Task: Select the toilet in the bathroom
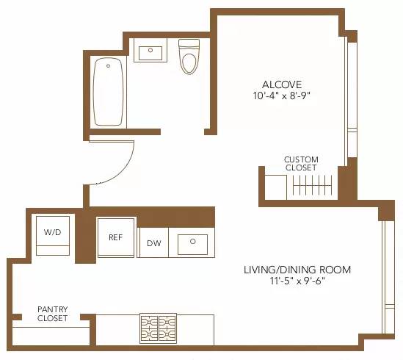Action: click(189, 60)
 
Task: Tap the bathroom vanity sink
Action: click(151, 51)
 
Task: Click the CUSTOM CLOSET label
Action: click(300, 163)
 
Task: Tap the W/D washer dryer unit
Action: click(53, 234)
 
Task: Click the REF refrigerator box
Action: click(115, 237)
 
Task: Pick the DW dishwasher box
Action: click(153, 243)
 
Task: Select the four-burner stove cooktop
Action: click(159, 324)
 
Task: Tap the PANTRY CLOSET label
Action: click(52, 314)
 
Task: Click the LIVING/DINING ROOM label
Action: click(297, 270)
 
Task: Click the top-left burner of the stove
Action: click(150, 320)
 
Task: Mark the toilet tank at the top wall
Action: click(189, 45)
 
